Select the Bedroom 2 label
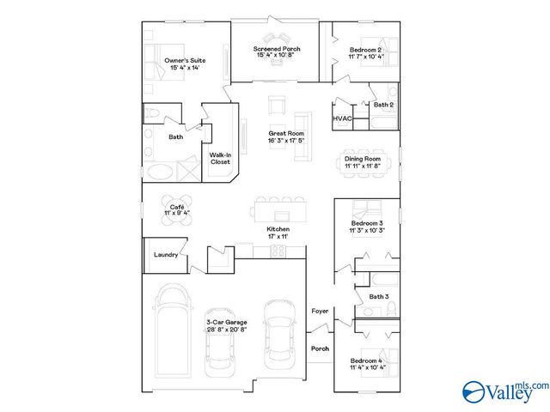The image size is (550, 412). [366, 51]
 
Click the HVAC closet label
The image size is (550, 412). [341, 118]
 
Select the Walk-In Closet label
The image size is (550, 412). [221, 159]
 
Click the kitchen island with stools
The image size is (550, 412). [277, 209]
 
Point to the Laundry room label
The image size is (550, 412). [166, 255]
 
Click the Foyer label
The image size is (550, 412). [320, 311]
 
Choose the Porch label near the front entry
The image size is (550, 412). [320, 349]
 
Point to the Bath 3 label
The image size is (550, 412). [379, 297]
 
